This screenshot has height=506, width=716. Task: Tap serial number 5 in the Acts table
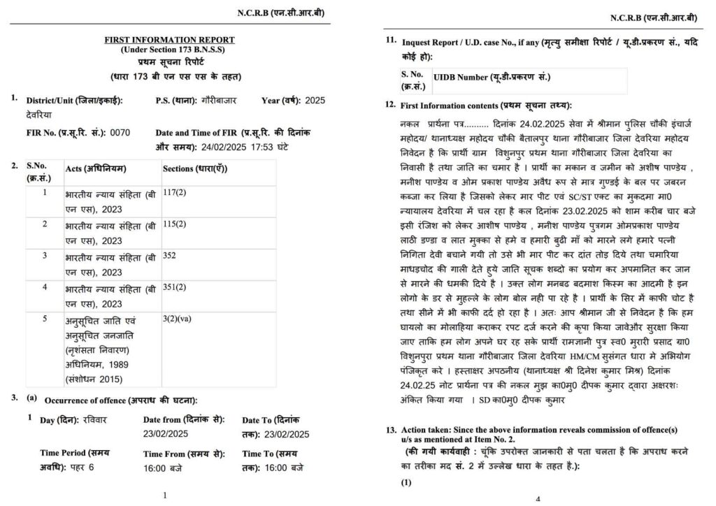pyautogui.click(x=45, y=319)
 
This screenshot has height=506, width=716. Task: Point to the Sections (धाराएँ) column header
pyautogui.click(x=194, y=170)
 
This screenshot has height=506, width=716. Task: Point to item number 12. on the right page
pyautogui.click(x=390, y=105)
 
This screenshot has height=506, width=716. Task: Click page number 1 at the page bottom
pyautogui.click(x=164, y=496)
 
